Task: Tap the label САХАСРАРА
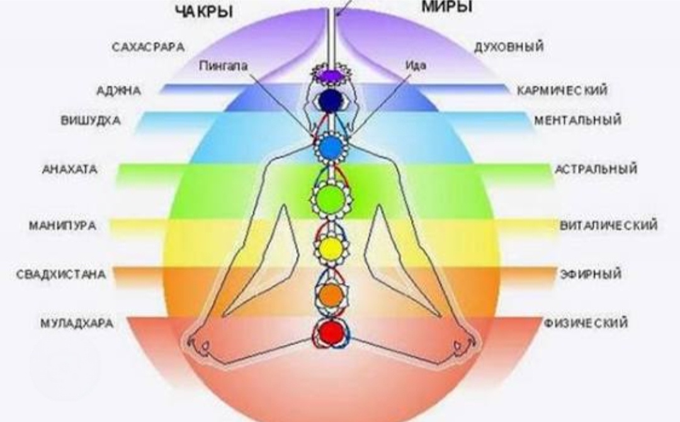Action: [x=148, y=47]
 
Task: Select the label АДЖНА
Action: [x=119, y=91]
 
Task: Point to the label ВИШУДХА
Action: [x=90, y=120]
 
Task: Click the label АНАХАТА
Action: [x=70, y=169]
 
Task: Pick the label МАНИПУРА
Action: [x=62, y=225]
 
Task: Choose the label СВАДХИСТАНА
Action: [x=61, y=275]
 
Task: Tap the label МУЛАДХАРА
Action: [x=76, y=324]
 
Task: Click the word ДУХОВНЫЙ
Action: [x=509, y=47]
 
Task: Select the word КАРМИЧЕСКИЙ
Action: [x=562, y=91]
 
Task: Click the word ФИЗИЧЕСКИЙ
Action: [x=586, y=324]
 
